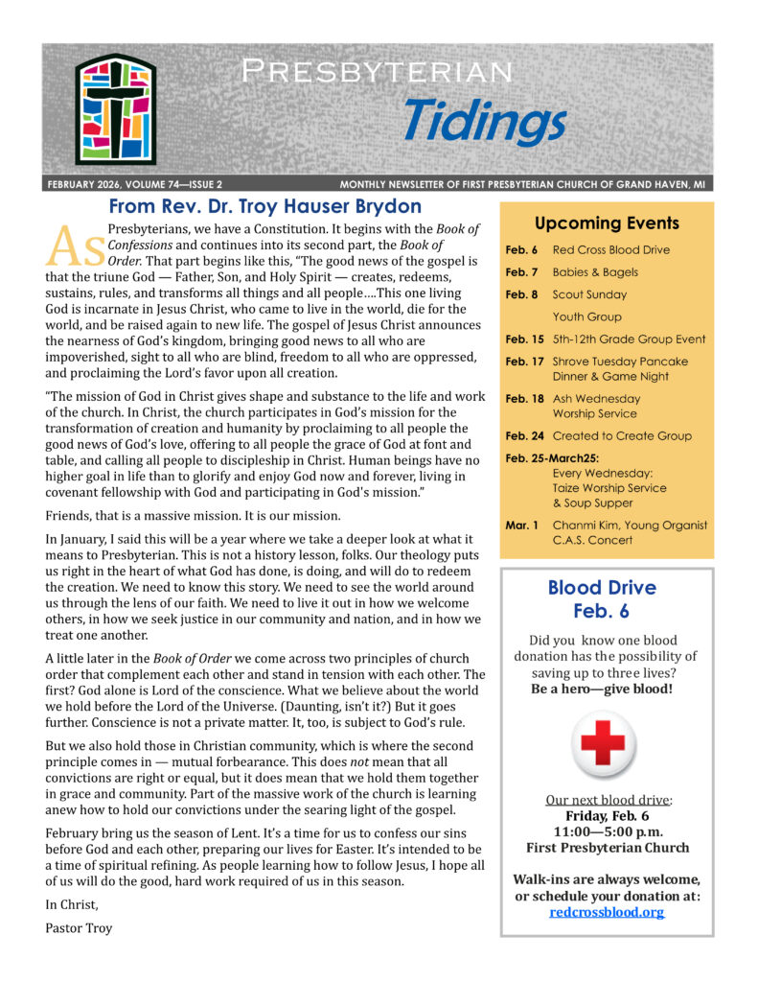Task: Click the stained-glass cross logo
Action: click(x=115, y=108)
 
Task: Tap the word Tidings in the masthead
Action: click(x=484, y=121)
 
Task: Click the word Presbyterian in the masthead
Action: click(x=377, y=70)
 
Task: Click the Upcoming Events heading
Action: click(x=607, y=223)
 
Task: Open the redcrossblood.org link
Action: click(x=607, y=912)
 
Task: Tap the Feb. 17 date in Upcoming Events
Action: click(x=523, y=362)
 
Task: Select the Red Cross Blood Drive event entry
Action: click(x=611, y=250)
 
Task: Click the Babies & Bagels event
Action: click(x=595, y=272)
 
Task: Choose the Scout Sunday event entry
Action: click(x=589, y=294)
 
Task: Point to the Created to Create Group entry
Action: click(x=622, y=435)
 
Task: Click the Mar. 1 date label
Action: click(x=522, y=525)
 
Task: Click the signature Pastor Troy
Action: click(x=79, y=927)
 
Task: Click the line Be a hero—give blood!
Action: click(x=606, y=689)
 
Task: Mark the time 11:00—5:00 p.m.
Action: click(x=607, y=831)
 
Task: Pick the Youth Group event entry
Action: click(x=586, y=316)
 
